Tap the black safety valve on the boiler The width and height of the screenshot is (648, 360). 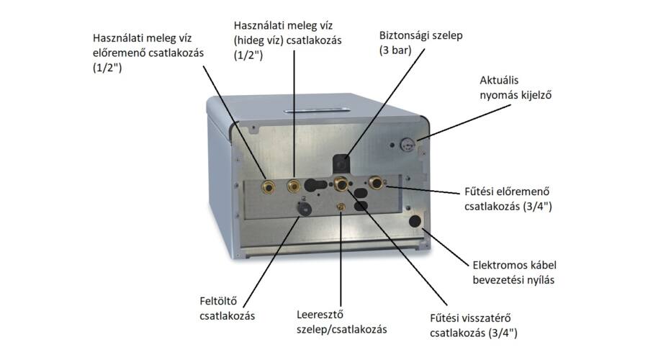tap(341, 163)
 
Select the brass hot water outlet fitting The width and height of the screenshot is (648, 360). tap(269, 187)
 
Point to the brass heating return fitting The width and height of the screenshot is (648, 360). tap(341, 183)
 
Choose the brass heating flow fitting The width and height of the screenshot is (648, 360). tap(376, 182)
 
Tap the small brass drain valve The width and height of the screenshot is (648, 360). tap(341, 206)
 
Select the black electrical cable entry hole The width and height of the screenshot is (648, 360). tap(415, 221)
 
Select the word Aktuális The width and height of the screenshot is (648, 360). tap(499, 80)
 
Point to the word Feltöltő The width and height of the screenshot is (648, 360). tap(218, 301)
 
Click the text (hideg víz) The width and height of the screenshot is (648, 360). tap(258, 41)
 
